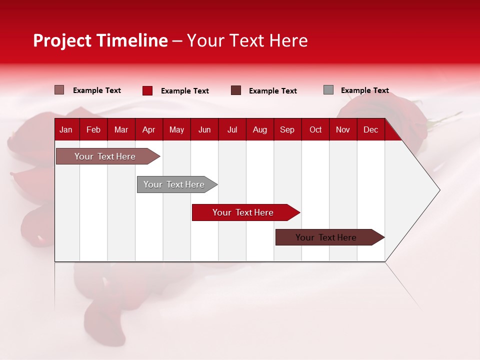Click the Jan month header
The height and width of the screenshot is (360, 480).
point(66,129)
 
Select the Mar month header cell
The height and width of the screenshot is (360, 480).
point(121,129)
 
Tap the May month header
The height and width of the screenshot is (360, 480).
point(176,129)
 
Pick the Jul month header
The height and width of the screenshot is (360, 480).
point(232,129)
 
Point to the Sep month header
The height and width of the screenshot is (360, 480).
point(287,129)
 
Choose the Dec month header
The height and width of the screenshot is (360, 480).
point(370,129)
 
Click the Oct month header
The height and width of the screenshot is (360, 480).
point(315,129)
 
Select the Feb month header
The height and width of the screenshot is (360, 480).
point(93,129)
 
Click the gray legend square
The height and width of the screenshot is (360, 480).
point(328,90)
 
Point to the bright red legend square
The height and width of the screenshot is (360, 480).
point(147,90)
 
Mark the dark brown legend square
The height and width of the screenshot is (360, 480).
point(236,90)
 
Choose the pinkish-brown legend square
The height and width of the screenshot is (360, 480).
point(59,90)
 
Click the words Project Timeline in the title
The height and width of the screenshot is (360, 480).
point(100,40)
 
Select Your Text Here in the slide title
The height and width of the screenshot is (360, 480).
point(247,40)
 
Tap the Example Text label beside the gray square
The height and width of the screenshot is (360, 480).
point(364,90)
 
